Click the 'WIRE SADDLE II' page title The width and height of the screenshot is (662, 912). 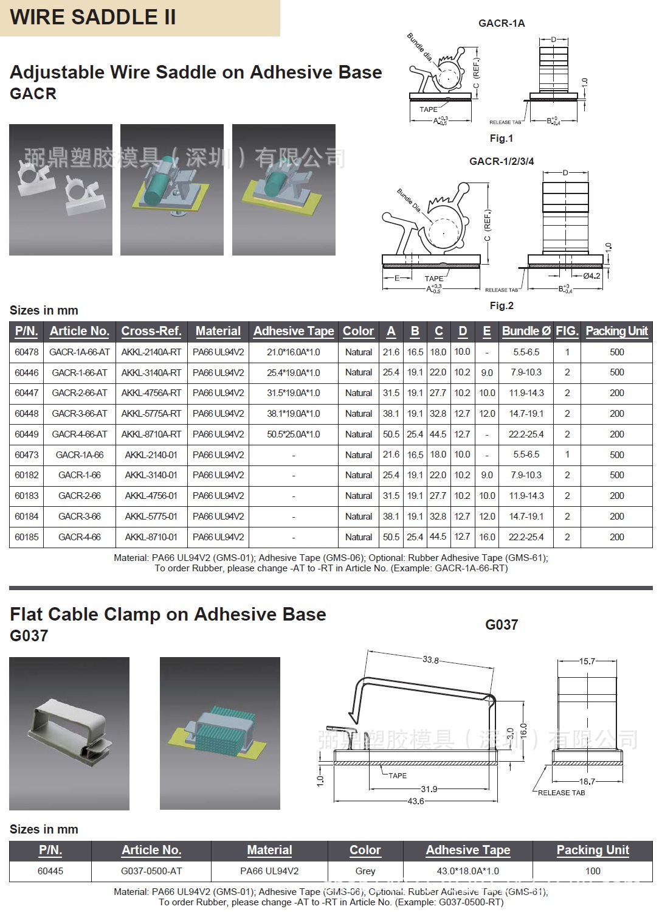[x=93, y=17]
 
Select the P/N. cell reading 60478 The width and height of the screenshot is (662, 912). [x=26, y=352]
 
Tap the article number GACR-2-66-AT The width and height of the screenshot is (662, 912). [x=80, y=393]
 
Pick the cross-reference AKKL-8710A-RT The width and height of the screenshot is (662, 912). [x=151, y=434]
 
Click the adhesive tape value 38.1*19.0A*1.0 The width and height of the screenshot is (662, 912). [x=293, y=414]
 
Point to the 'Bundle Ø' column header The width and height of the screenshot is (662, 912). [x=526, y=331]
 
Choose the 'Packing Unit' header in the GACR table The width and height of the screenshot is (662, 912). [x=616, y=331]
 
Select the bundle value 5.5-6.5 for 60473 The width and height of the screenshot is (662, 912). [x=526, y=454]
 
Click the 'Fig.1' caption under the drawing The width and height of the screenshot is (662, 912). [x=502, y=139]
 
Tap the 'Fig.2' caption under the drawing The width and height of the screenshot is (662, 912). [x=502, y=305]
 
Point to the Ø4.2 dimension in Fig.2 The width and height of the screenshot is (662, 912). [x=591, y=276]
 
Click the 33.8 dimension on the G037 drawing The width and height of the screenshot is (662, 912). [x=430, y=660]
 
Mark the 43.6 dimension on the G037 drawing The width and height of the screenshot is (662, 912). [x=416, y=801]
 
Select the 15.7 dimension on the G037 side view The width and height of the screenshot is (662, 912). [x=587, y=661]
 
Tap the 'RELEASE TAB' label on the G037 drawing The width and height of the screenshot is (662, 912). [x=561, y=793]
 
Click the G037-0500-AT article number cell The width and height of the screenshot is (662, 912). [x=151, y=871]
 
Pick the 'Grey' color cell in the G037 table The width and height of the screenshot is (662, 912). [x=365, y=871]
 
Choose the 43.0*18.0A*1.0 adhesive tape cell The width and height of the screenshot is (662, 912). [x=468, y=871]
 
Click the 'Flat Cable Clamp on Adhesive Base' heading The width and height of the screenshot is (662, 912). [x=168, y=614]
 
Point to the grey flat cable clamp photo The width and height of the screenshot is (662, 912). [x=69, y=733]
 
